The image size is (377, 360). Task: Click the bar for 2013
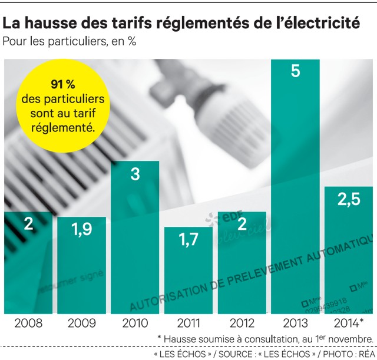click(296, 189)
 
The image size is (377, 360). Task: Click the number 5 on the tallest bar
click(296, 72)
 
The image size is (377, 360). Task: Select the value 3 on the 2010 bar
click(135, 174)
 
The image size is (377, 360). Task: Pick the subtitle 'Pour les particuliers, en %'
click(70, 42)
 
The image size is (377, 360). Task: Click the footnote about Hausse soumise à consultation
click(265, 339)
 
